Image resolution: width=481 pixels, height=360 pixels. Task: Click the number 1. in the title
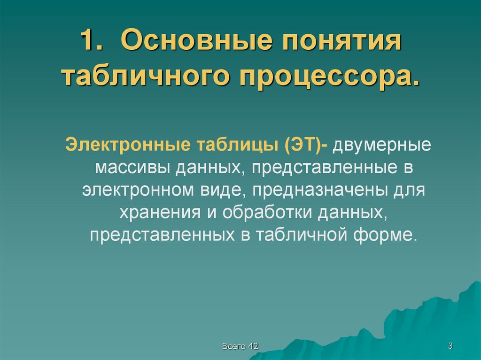pos(92,42)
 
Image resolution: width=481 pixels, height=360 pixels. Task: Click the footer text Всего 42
pos(240,346)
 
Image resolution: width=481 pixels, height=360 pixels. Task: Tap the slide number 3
pos(450,346)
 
